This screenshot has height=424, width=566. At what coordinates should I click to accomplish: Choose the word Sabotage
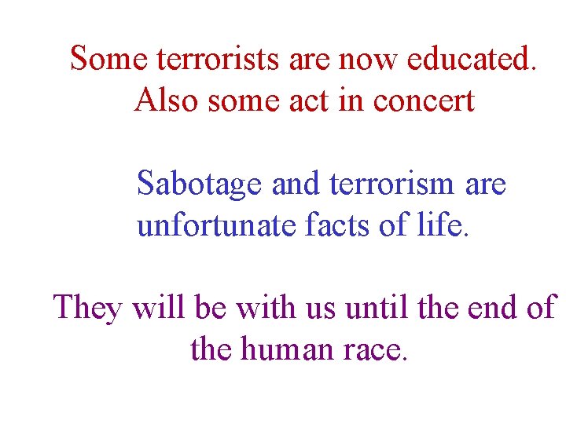(x=200, y=185)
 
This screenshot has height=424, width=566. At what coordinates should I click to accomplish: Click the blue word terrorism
(x=393, y=184)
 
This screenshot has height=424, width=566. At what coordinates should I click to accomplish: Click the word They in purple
(x=88, y=308)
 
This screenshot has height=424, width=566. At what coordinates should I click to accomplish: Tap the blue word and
(x=299, y=184)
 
